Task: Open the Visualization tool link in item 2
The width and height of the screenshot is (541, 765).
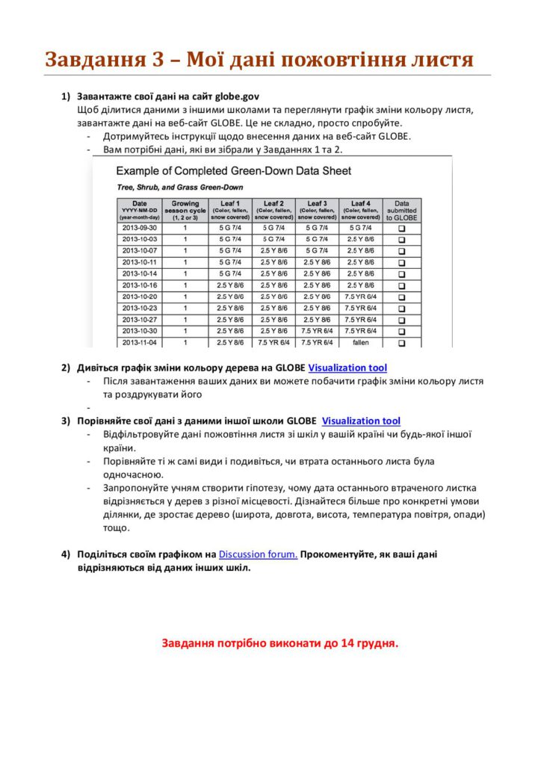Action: [347, 368]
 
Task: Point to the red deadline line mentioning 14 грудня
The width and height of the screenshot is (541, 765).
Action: [280, 642]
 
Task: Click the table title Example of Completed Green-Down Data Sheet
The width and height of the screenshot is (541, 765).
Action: [233, 171]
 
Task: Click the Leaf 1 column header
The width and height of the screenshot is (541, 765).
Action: [230, 210]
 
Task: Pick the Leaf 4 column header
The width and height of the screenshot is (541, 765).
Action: [361, 210]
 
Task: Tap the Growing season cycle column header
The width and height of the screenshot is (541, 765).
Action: [185, 210]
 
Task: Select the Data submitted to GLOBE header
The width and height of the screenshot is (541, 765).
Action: [402, 210]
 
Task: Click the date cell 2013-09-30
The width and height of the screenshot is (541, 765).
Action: [140, 227]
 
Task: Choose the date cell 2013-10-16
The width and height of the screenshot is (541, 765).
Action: [140, 285]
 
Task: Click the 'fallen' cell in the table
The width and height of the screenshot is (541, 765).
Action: [361, 342]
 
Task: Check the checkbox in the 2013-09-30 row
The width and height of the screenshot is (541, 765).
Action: [402, 228]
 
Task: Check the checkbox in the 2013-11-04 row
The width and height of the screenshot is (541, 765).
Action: [402, 343]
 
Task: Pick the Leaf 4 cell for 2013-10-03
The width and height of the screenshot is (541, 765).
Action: [361, 239]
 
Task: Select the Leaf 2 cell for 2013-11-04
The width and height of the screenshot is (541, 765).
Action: [273, 342]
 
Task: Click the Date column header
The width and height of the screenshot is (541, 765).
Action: [140, 210]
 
